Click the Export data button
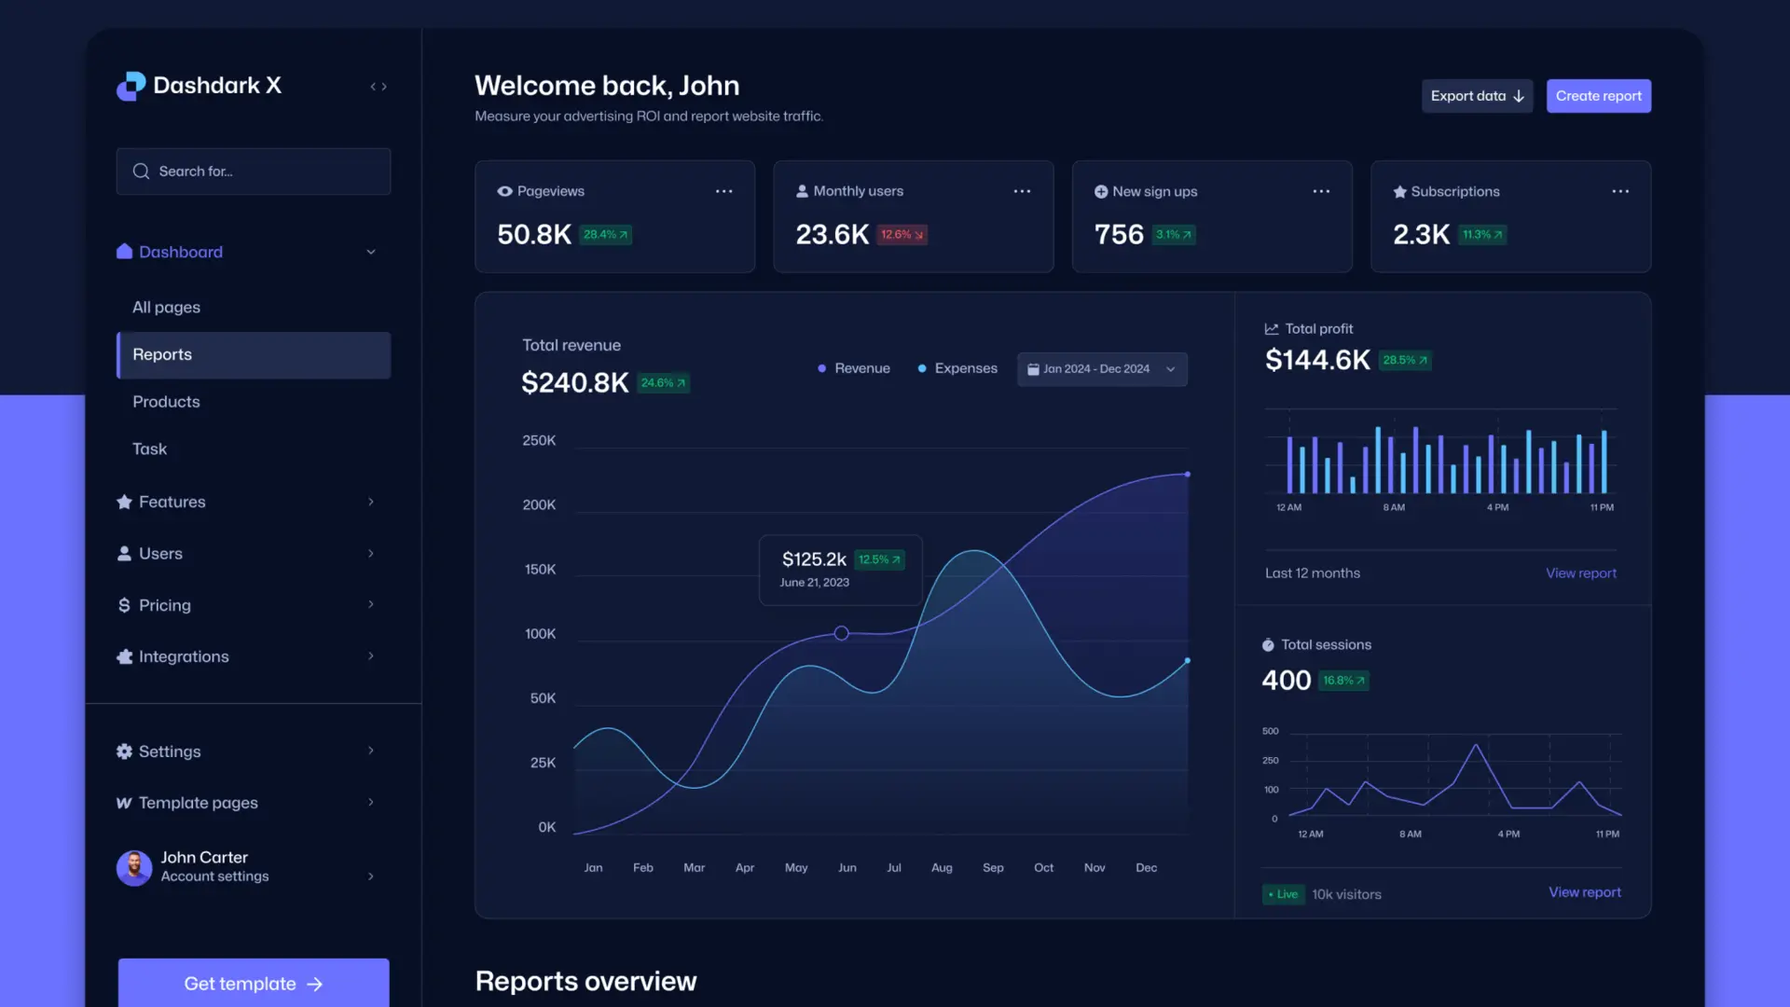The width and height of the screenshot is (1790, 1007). [1477, 96]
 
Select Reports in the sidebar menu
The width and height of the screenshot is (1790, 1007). [254, 355]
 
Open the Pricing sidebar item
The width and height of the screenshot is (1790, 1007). [165, 605]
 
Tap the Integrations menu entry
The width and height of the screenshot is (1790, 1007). [184, 656]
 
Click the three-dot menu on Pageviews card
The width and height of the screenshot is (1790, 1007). [723, 191]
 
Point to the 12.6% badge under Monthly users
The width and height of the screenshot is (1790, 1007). [902, 235]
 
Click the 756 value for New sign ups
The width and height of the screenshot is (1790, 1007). [1119, 234]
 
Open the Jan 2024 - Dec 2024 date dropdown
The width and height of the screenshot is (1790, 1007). [1102, 369]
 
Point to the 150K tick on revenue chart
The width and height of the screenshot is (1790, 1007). [540, 569]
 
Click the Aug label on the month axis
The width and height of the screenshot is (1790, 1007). [942, 868]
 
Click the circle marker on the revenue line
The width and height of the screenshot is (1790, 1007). [841, 633]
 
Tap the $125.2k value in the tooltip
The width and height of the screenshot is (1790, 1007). [814, 559]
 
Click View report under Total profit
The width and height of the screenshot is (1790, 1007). [1581, 573]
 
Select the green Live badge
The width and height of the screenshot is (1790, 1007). [1283, 894]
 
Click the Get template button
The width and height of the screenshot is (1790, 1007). [254, 984]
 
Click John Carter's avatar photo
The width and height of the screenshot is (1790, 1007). [134, 868]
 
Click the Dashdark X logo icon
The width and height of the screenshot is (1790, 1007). [131, 86]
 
